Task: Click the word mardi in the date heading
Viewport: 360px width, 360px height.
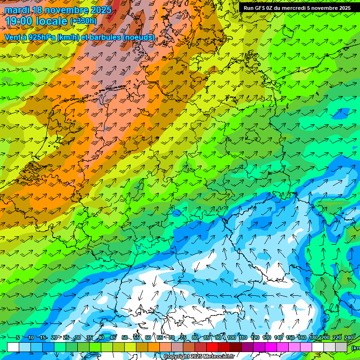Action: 17,10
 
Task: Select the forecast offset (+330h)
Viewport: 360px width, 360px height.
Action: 83,21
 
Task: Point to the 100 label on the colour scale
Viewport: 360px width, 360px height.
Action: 232,338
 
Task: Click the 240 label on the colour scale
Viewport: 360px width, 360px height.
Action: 349,338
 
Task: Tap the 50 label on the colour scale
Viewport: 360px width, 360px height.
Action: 124,338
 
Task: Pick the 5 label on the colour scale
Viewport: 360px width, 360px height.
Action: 18,338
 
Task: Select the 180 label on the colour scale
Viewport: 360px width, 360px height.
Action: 314,338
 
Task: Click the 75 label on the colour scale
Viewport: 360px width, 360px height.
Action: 183,338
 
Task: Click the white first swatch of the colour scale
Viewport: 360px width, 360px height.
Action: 13,347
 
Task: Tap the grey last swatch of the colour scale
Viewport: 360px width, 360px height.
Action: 341,347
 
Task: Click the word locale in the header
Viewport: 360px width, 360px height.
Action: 51,21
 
